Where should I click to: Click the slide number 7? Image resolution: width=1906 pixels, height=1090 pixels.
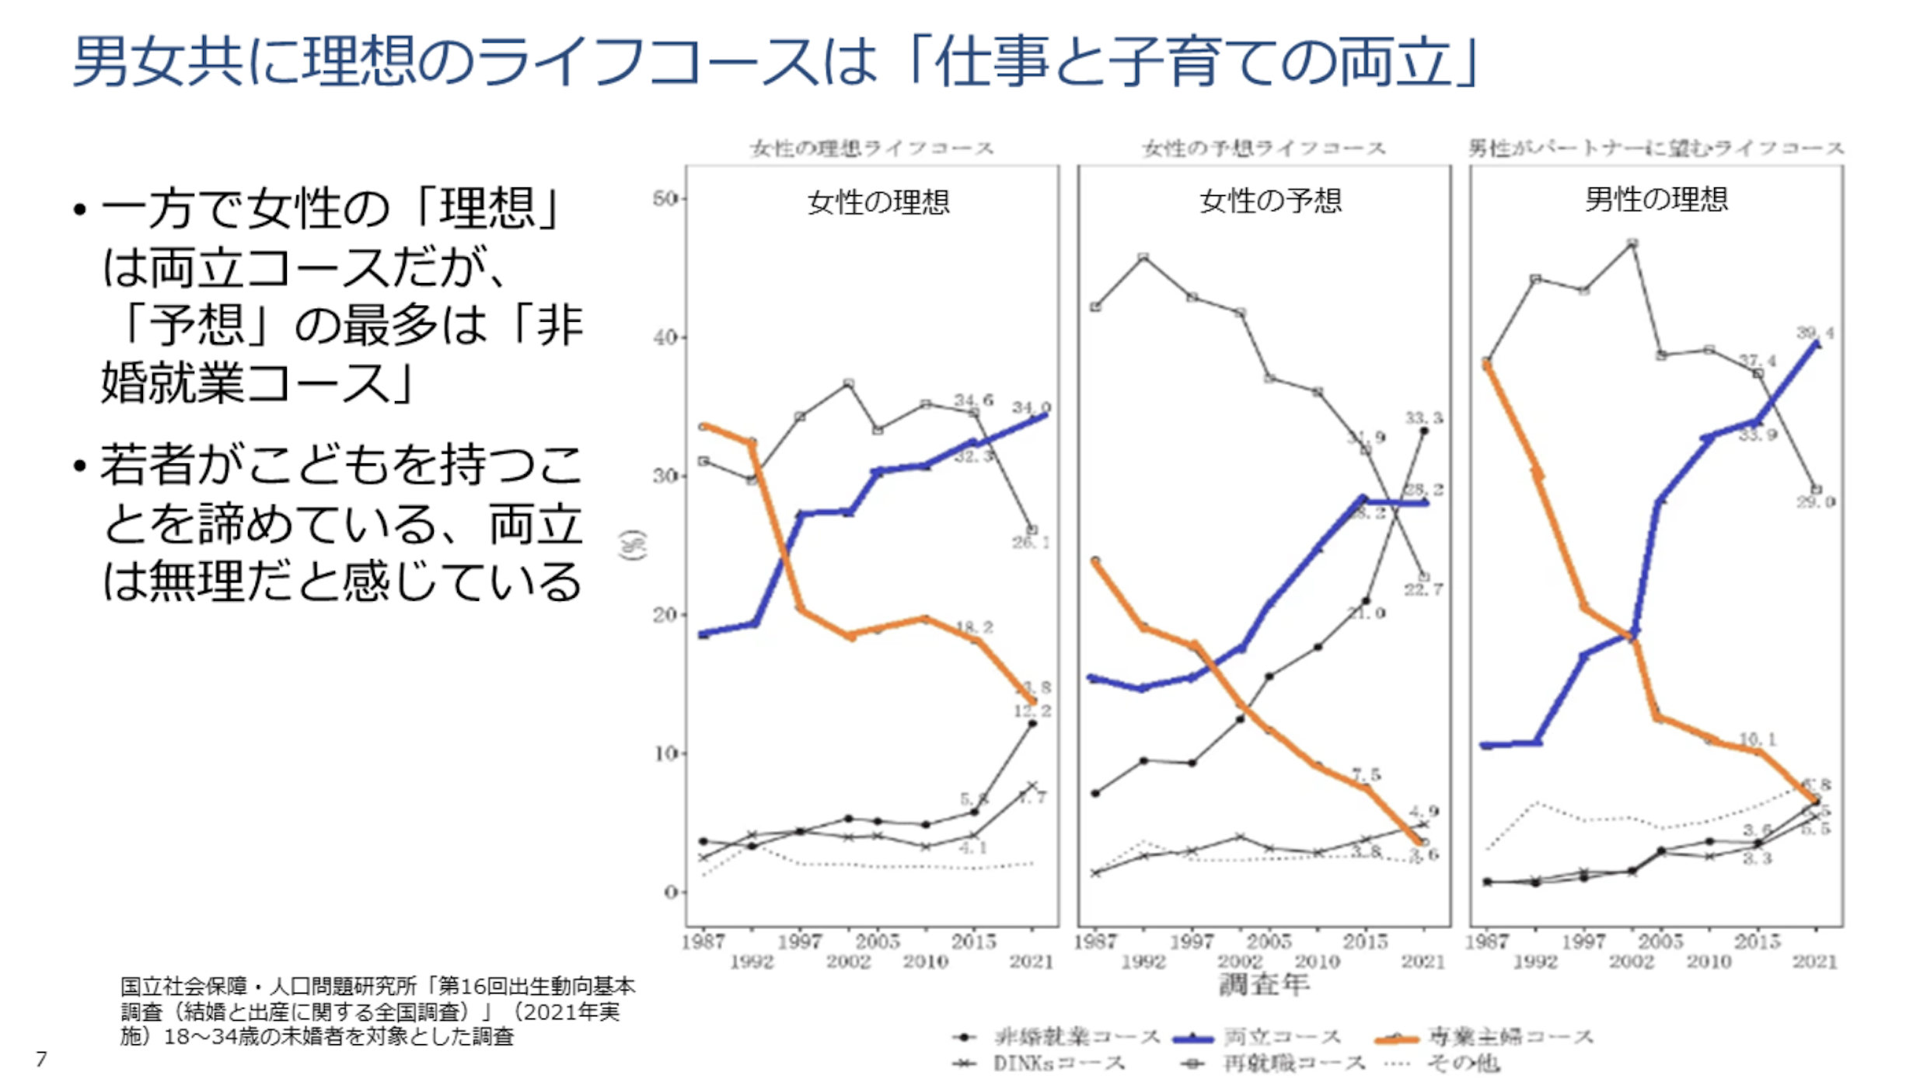click(41, 1059)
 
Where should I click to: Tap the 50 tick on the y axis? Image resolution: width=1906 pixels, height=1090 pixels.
click(667, 199)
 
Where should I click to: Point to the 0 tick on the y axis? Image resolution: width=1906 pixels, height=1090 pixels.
click(671, 893)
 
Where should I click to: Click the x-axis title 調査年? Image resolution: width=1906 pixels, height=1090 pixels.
click(1263, 985)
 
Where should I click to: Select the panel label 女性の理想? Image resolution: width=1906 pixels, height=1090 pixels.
click(878, 202)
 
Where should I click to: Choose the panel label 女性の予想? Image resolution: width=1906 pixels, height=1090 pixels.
click(1270, 201)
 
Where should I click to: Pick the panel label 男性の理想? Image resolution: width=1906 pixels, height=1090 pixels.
click(1656, 199)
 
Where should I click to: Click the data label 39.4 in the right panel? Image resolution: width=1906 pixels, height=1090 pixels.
click(1814, 333)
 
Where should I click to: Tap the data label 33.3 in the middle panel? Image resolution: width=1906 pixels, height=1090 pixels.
click(1423, 418)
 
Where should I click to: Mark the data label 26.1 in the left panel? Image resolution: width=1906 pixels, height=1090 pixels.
click(1031, 542)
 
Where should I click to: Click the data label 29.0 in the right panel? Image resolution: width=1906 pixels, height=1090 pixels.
click(1815, 502)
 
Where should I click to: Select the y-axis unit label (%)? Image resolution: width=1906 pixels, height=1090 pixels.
click(633, 544)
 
